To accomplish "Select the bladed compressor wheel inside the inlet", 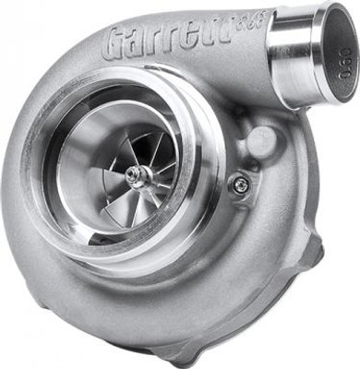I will tap(134, 175).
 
